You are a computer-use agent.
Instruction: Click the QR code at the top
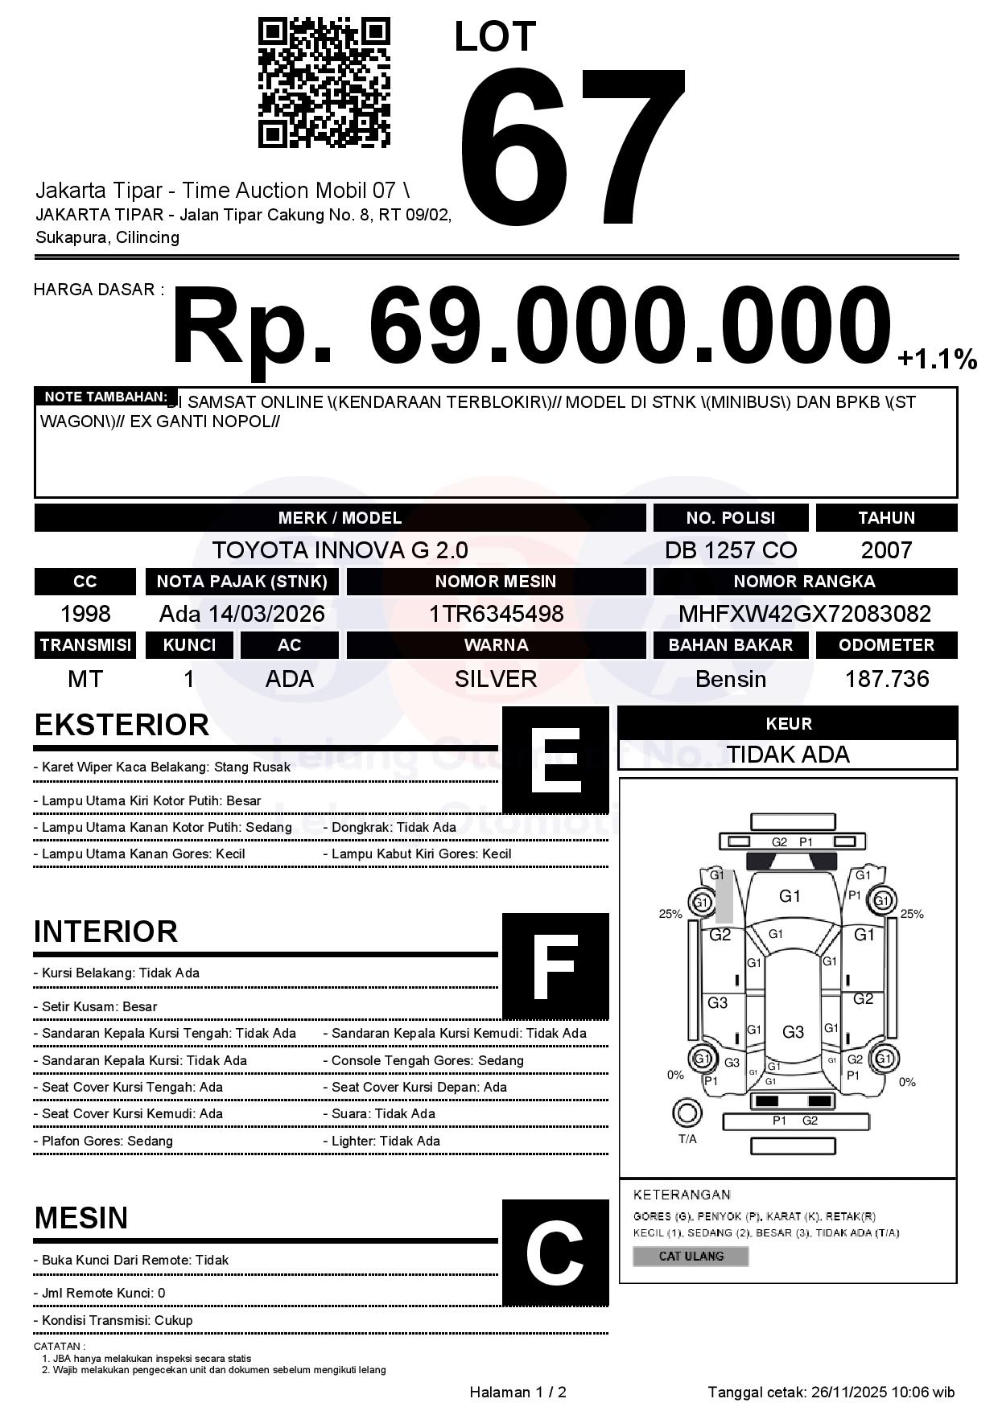pyautogui.click(x=324, y=84)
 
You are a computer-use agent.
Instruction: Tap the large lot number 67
pyautogui.click(x=573, y=145)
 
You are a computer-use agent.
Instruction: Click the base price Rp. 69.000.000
pyautogui.click(x=531, y=328)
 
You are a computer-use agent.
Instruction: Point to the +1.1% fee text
pyautogui.click(x=937, y=360)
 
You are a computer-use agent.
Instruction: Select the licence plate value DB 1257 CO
pyautogui.click(x=730, y=550)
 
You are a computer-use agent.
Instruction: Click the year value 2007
pyautogui.click(x=886, y=550)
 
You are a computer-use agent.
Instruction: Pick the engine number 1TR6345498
pyautogui.click(x=496, y=614)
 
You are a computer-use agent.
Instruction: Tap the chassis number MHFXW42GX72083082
pyautogui.click(x=804, y=614)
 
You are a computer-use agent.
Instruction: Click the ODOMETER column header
pyautogui.click(x=886, y=645)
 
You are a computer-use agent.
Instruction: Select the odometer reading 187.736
pyautogui.click(x=886, y=679)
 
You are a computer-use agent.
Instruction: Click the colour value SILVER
pyautogui.click(x=496, y=679)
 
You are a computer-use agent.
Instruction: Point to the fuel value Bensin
pyautogui.click(x=730, y=679)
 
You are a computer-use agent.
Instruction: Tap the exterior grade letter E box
pyautogui.click(x=555, y=760)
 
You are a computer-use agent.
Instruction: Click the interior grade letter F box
pyautogui.click(x=555, y=966)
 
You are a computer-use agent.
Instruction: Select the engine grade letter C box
pyautogui.click(x=555, y=1253)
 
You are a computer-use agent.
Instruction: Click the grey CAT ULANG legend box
pyautogui.click(x=691, y=1256)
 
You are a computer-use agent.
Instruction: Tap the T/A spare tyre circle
pyautogui.click(x=687, y=1113)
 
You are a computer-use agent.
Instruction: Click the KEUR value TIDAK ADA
pyautogui.click(x=788, y=755)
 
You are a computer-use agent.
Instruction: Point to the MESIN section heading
pyautogui.click(x=81, y=1218)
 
